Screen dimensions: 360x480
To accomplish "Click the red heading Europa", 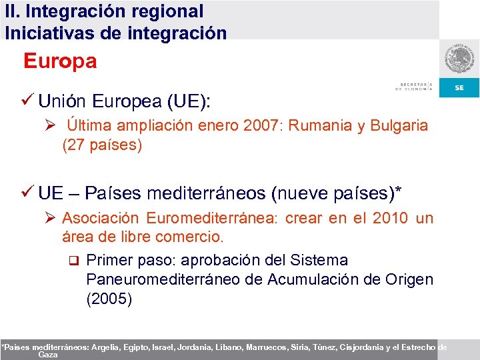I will (60, 62).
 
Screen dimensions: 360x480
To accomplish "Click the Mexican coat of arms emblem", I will (460, 61).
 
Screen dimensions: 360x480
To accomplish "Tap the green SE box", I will (459, 88).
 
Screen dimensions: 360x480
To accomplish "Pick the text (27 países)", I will (102, 145).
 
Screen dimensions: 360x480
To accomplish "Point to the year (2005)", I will (109, 299).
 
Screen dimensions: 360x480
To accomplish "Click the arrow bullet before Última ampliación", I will (54, 125).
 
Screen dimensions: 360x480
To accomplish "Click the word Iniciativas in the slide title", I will (47, 33).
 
